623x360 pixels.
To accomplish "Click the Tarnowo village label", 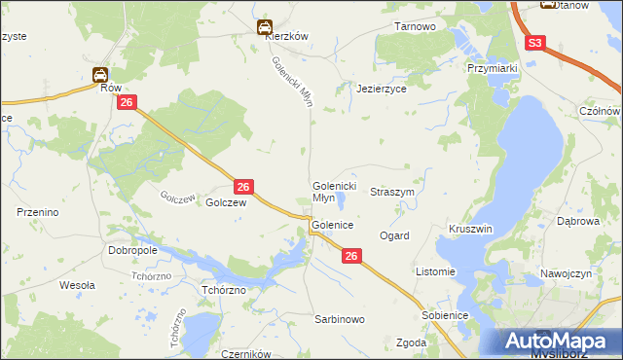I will [415, 26].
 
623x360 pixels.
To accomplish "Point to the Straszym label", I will [392, 193].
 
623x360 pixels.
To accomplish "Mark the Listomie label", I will [435, 271].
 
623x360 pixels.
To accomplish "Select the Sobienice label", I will [445, 316].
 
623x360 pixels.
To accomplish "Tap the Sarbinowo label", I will [339, 319].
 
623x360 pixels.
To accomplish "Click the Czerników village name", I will [244, 355].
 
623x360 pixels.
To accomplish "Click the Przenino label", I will [39, 211].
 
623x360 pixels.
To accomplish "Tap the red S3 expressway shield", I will [536, 44].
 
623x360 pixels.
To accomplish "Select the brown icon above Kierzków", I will [264, 27].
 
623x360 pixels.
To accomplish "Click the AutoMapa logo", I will [558, 341].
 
